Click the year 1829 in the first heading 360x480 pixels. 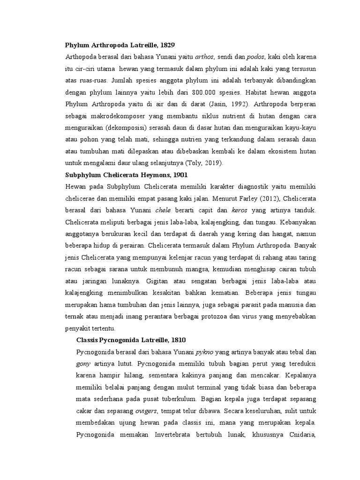point(167,45)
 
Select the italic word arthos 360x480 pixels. point(204,57)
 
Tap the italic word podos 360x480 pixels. point(256,57)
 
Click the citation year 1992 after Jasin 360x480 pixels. point(242,103)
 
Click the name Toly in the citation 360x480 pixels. point(194,163)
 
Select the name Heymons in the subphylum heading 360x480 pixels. point(157,174)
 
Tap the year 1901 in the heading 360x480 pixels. point(180,174)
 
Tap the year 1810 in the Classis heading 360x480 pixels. point(182,339)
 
